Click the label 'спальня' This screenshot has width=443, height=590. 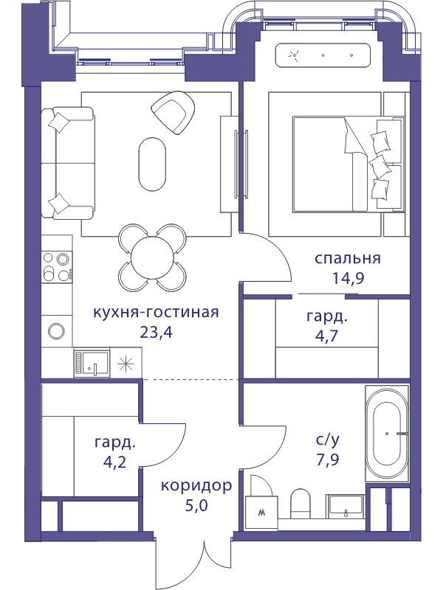[x=347, y=259]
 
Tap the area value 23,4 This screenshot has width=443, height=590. [x=156, y=332]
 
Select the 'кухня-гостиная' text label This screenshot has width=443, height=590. [x=156, y=312]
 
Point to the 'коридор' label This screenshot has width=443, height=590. [x=196, y=486]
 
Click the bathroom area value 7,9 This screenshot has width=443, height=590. [x=327, y=459]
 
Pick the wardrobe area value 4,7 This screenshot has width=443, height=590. [x=326, y=336]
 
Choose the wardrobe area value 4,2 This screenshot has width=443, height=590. [x=114, y=462]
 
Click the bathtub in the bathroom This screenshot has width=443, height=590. [x=386, y=434]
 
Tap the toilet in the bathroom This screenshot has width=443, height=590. [x=301, y=504]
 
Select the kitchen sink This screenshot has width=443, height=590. [x=92, y=363]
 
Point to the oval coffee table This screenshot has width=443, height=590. [x=152, y=164]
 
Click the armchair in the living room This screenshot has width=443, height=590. [x=174, y=112]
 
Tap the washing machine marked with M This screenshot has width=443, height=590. [x=261, y=512]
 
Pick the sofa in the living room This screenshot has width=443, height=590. [x=68, y=162]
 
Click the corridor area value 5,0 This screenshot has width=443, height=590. [x=196, y=506]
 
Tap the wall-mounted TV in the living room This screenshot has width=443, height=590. [x=241, y=164]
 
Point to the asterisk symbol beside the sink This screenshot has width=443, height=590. [x=126, y=363]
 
